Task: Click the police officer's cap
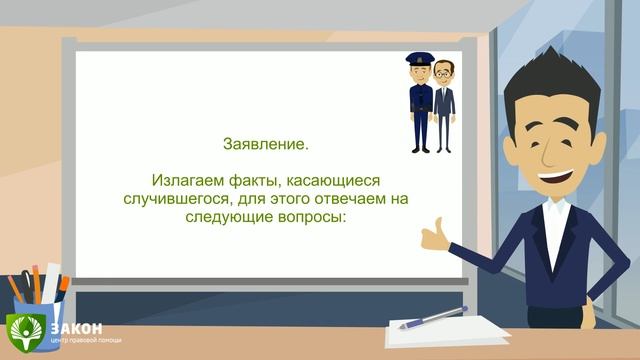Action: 417,61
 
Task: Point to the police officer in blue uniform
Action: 418,105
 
